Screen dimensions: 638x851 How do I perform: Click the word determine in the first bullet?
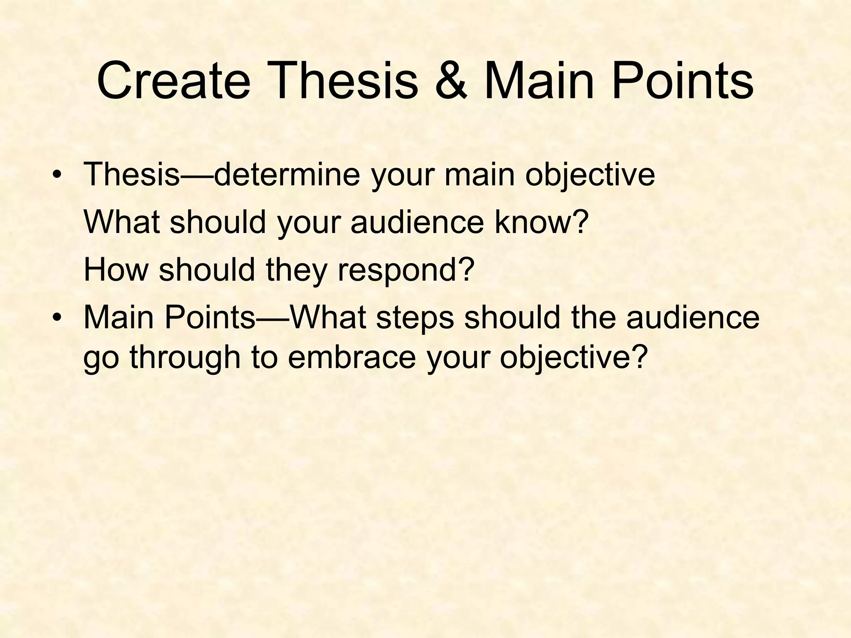click(x=287, y=174)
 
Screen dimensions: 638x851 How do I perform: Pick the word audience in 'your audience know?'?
click(x=417, y=221)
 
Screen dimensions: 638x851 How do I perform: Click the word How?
click(x=116, y=269)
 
